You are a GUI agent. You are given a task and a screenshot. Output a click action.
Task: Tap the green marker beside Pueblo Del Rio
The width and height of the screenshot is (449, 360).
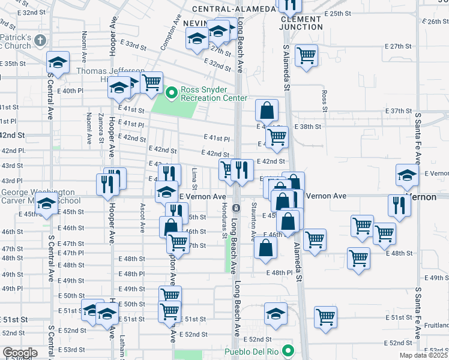[x=289, y=352]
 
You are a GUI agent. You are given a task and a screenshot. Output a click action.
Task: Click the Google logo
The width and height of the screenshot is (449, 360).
[x=19, y=353]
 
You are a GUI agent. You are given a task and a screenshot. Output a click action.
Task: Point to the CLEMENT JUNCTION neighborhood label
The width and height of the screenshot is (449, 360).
[x=301, y=23]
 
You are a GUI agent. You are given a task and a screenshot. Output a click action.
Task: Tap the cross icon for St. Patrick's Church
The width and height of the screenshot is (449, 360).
[x=40, y=41]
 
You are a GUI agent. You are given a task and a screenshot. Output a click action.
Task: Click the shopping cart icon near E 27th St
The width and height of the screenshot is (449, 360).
[x=307, y=56]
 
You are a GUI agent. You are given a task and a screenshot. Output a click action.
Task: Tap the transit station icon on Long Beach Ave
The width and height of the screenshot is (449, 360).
[x=237, y=208]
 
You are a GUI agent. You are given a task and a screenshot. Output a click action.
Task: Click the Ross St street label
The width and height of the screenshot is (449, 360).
[x=324, y=101]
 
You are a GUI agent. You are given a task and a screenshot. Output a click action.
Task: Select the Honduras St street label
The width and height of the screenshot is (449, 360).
[x=224, y=226]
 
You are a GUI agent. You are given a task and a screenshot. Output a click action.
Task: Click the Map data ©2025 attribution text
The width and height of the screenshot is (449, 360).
[x=424, y=355]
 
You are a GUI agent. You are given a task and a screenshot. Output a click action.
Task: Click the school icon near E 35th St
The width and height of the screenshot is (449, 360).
[x=58, y=62]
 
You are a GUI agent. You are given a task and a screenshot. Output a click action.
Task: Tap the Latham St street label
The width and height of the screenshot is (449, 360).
[x=122, y=344]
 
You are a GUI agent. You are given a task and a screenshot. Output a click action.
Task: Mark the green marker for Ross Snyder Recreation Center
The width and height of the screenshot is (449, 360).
[x=171, y=93]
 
